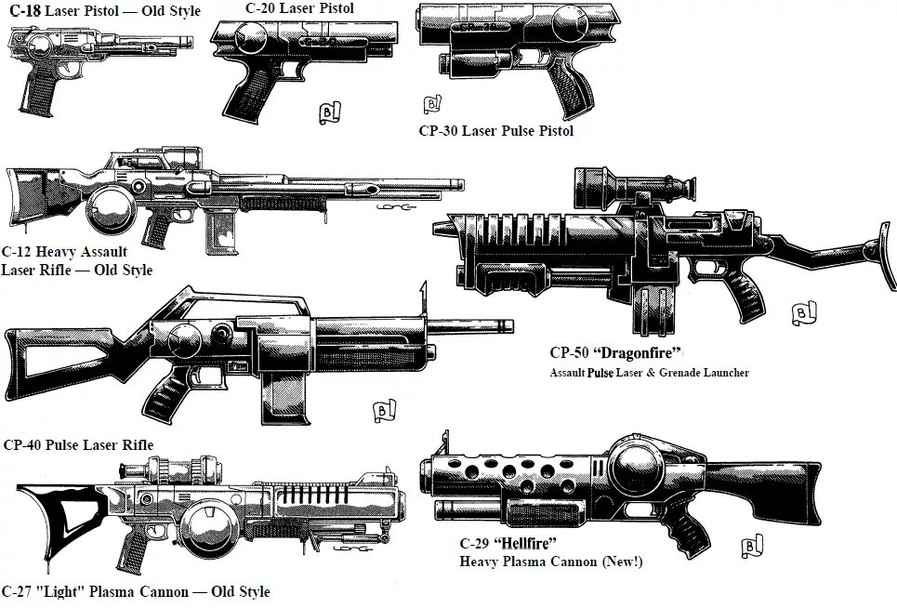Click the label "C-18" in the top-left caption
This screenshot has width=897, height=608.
pyautogui.click(x=25, y=12)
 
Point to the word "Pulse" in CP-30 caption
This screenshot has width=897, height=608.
pyautogui.click(x=515, y=131)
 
